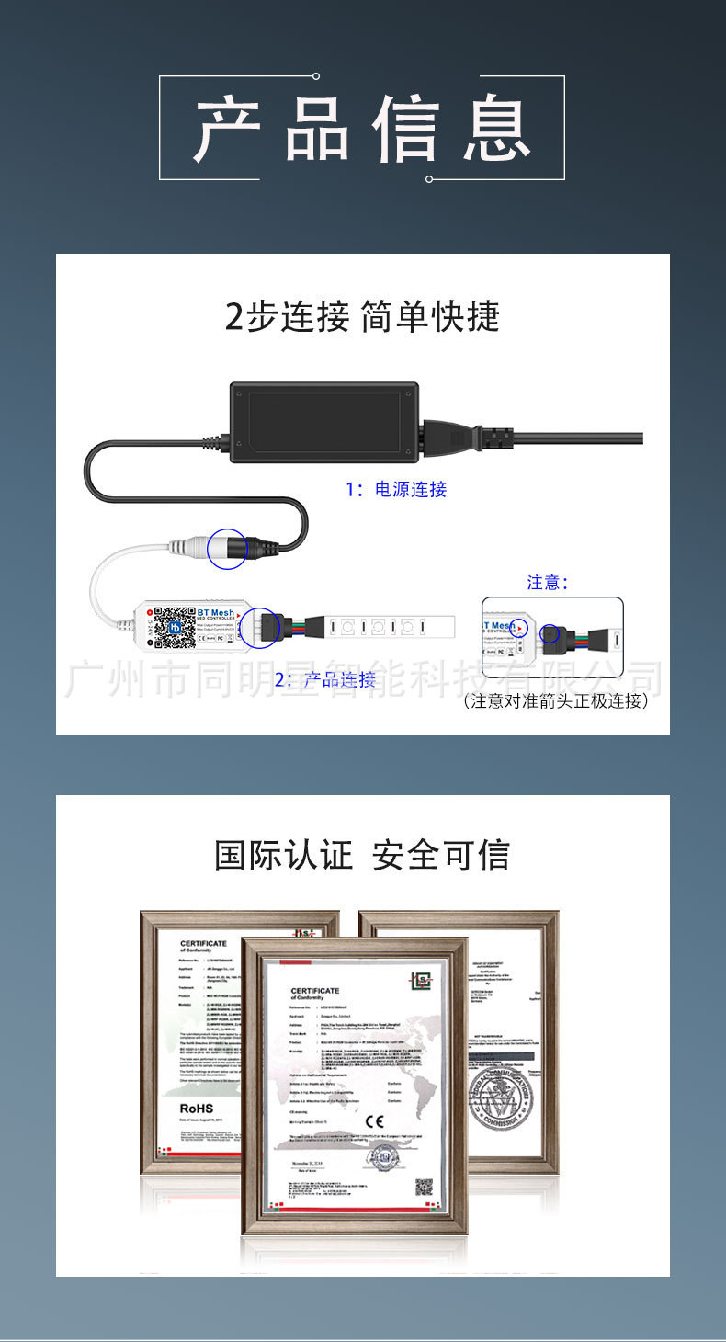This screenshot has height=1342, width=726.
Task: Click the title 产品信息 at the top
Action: (362, 128)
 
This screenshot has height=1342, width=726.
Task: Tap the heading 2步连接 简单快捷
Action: (362, 316)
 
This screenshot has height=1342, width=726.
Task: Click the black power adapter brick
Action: (325, 422)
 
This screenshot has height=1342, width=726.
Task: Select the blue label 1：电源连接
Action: (396, 490)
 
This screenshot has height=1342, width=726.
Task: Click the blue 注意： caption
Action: (548, 582)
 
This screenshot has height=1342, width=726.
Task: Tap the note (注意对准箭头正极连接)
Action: (556, 701)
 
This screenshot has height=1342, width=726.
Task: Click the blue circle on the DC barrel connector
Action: (227, 549)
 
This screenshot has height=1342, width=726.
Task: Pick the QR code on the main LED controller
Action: (174, 626)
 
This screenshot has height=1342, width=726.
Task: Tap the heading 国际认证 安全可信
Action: (362, 855)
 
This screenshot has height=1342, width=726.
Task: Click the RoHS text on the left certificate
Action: (197, 1109)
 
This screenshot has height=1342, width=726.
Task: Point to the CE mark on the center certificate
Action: (375, 1120)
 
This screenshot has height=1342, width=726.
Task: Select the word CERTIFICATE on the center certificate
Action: (315, 990)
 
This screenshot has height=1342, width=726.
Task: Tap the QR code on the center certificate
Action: (424, 1187)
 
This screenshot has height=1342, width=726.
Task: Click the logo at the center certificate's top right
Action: (420, 982)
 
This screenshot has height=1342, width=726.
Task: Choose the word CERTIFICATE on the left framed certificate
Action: (203, 944)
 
